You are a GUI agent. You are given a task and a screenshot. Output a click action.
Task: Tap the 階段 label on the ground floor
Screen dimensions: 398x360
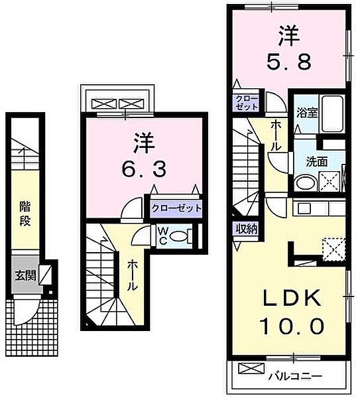[24, 215]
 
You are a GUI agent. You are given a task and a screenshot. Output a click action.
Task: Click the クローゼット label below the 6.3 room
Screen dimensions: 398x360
[175, 208]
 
